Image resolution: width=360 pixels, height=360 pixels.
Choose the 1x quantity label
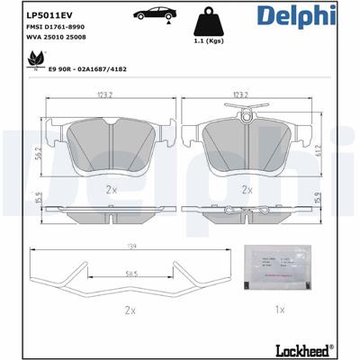pyautogui.click(x=279, y=310)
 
